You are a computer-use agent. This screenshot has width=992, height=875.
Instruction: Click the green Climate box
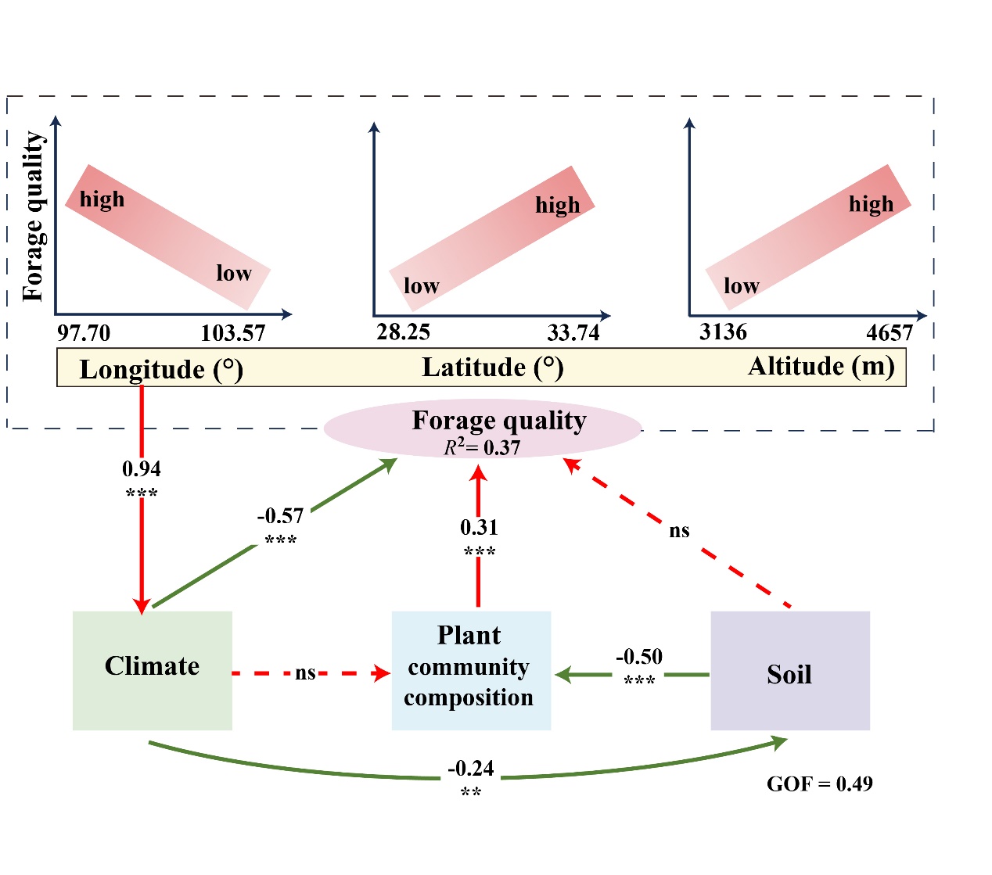[152, 670]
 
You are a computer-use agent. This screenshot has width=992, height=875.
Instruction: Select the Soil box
[789, 671]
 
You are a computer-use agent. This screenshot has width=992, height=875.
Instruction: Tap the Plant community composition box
[470, 670]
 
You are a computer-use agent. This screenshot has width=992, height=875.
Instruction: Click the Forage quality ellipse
[483, 429]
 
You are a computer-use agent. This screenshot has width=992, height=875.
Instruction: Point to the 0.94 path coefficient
[142, 469]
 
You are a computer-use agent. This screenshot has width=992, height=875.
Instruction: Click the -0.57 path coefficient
[280, 516]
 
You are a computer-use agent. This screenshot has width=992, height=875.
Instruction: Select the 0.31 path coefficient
[479, 528]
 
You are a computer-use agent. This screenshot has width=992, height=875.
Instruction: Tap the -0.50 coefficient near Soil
[639, 657]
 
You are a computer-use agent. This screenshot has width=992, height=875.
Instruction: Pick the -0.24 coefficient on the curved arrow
[471, 769]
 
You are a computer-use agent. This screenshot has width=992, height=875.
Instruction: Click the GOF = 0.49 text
[819, 784]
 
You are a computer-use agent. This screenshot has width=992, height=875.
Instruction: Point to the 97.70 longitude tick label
[84, 333]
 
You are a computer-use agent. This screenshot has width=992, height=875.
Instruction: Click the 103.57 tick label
[233, 334]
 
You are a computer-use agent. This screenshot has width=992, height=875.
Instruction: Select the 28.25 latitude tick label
[403, 332]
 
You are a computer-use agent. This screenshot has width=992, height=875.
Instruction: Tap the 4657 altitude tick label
[890, 334]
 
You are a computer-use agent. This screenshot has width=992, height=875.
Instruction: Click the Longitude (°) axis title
[161, 370]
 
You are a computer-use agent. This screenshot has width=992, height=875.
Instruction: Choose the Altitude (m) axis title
[821, 367]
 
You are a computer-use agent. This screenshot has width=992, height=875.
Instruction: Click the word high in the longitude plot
[102, 200]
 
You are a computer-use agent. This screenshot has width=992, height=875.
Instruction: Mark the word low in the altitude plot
[741, 286]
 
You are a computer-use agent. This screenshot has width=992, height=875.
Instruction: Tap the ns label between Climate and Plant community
[305, 673]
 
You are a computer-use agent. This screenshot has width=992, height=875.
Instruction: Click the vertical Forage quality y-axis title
[34, 216]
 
